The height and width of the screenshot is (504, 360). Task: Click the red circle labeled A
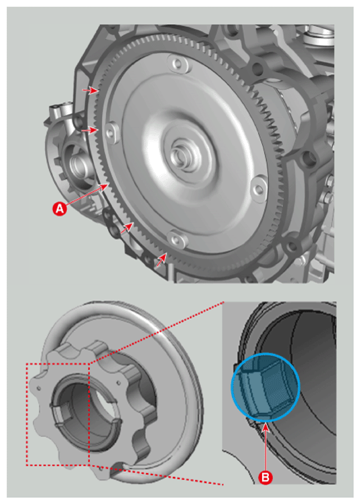pyautogui.click(x=60, y=209)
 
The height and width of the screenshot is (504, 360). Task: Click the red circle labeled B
pyautogui.click(x=265, y=477)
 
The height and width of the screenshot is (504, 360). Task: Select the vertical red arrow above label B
pyautogui.click(x=265, y=448)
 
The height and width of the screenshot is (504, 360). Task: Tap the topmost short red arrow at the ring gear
pyautogui.click(x=91, y=90)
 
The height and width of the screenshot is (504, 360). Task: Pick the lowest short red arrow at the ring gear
pyautogui.click(x=161, y=259)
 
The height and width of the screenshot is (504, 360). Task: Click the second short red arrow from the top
pyautogui.click(x=89, y=130)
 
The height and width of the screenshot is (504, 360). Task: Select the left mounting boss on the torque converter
pyautogui.click(x=111, y=132)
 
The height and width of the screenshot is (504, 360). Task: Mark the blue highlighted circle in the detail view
pyautogui.click(x=265, y=387)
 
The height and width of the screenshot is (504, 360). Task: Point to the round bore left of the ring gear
pyautogui.click(x=77, y=165)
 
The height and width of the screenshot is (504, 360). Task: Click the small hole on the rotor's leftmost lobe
pyautogui.click(x=39, y=388)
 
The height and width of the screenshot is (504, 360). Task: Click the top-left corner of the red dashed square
pyautogui.click(x=27, y=363)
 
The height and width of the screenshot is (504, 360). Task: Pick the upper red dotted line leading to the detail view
pyautogui.click(x=156, y=332)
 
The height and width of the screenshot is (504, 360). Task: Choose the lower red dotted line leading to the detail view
pyautogui.click(x=156, y=475)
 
